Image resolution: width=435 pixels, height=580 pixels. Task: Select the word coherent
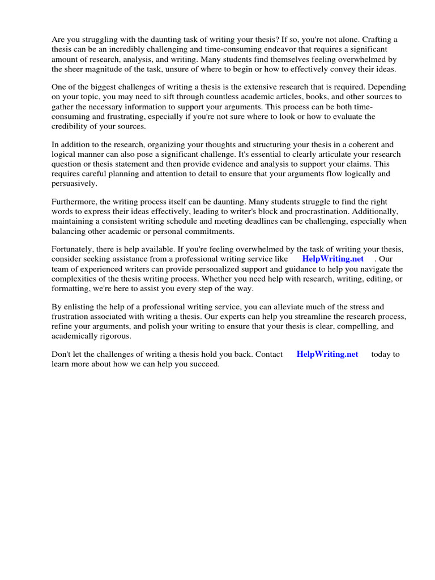[x=349, y=144]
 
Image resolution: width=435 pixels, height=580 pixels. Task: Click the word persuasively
[x=74, y=184]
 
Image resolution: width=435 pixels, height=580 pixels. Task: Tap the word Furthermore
[x=76, y=202]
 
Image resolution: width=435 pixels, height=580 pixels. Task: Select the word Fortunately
[x=75, y=249]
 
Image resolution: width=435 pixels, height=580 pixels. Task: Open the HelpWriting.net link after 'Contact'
[x=327, y=355]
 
